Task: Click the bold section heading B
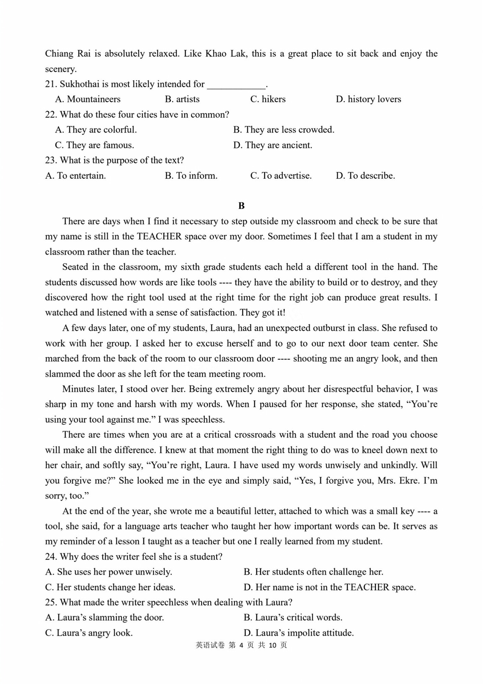pos(241,206)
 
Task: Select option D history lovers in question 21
pos(368,99)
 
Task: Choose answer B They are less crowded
pos(284,130)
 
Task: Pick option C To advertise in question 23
pos(281,175)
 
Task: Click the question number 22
pos(51,114)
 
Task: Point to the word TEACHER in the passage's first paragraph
pos(159,236)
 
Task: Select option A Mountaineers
pos(88,99)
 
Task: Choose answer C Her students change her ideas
pos(110,587)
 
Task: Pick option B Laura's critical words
pos(293,617)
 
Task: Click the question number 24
pos(51,557)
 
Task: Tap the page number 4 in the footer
pos(241,645)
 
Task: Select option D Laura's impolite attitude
pos(299,632)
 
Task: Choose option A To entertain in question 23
pos(75,175)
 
